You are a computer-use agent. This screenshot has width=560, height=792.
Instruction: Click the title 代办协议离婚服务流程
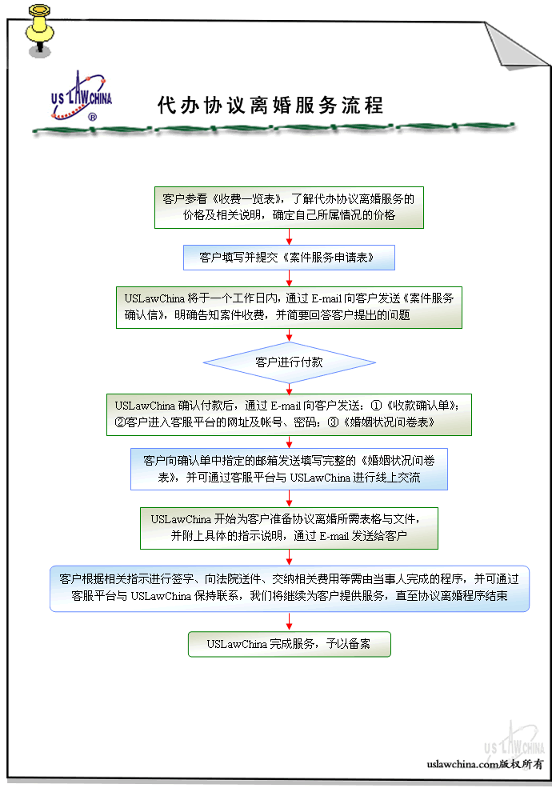click(270, 106)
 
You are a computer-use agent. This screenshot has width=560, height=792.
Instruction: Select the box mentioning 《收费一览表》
click(289, 207)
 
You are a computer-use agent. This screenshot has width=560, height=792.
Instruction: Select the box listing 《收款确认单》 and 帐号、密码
click(289, 414)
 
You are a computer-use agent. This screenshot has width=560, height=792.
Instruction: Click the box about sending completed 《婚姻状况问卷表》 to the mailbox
click(289, 469)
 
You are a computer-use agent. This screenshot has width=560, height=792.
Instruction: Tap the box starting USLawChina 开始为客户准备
click(289, 527)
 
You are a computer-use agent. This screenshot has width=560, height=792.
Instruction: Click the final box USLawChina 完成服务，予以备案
click(289, 644)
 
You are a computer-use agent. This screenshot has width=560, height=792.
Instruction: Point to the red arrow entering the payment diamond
click(289, 336)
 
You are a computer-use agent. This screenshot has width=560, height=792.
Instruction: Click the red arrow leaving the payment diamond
click(289, 387)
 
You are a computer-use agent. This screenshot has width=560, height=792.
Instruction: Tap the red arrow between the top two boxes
click(289, 237)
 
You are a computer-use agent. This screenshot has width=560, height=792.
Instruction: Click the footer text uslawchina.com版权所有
click(485, 764)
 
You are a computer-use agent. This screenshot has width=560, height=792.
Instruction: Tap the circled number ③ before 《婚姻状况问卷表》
click(334, 422)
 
